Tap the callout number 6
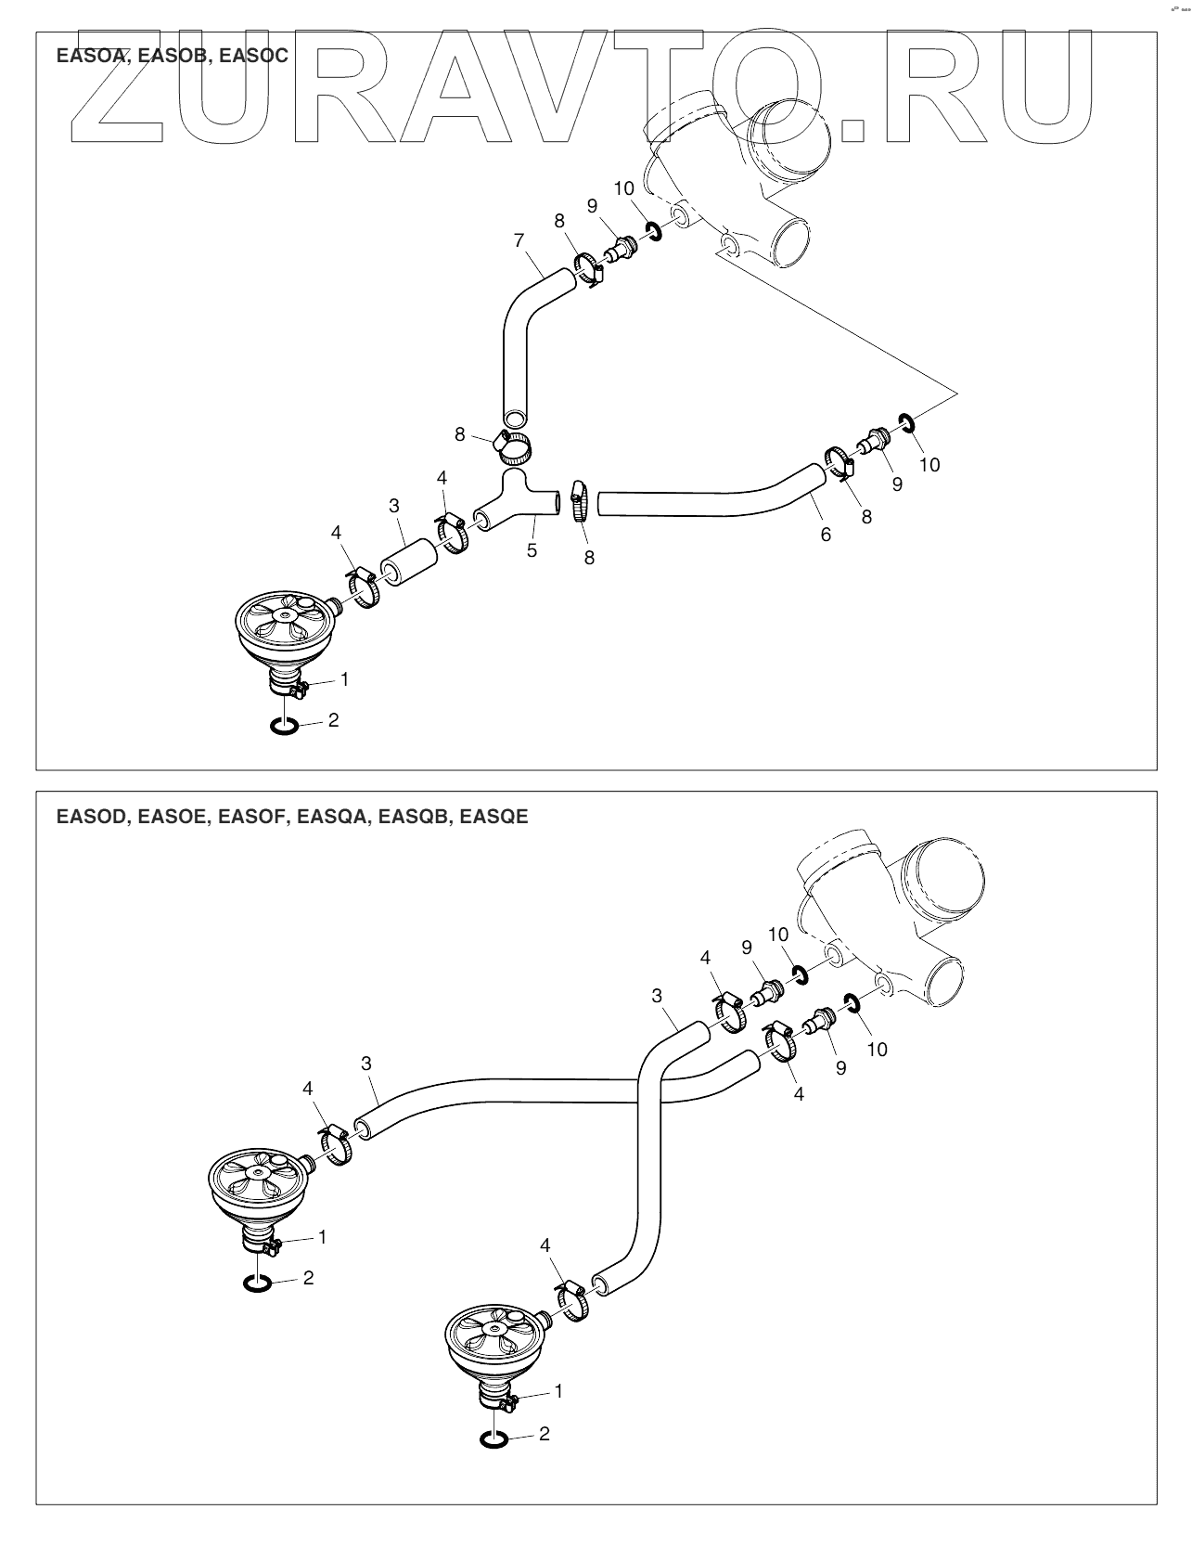coord(826,535)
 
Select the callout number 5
coord(532,550)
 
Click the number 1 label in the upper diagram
coord(345,679)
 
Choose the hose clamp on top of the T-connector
coord(513,447)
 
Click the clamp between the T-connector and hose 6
coord(579,501)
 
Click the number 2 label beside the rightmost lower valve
coord(545,1434)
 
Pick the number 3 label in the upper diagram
coord(394,506)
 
